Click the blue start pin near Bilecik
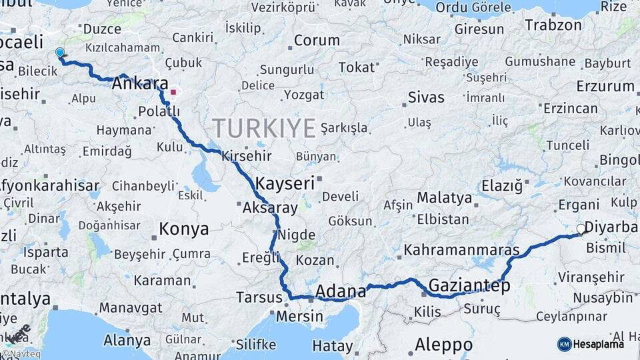click(60, 53)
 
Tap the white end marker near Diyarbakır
click(581, 229)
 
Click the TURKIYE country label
click(264, 127)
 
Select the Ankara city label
click(140, 84)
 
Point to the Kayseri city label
click(285, 182)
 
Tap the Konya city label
click(183, 229)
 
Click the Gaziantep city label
click(469, 285)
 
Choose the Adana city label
click(341, 291)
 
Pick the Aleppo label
click(443, 345)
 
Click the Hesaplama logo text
click(598, 344)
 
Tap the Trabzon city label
click(553, 25)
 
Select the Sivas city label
click(426, 98)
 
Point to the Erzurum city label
click(605, 86)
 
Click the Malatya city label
click(444, 197)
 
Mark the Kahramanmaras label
click(461, 250)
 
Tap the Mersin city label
click(299, 315)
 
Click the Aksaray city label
click(269, 208)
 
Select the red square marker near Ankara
click(173, 93)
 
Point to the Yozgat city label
click(303, 95)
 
